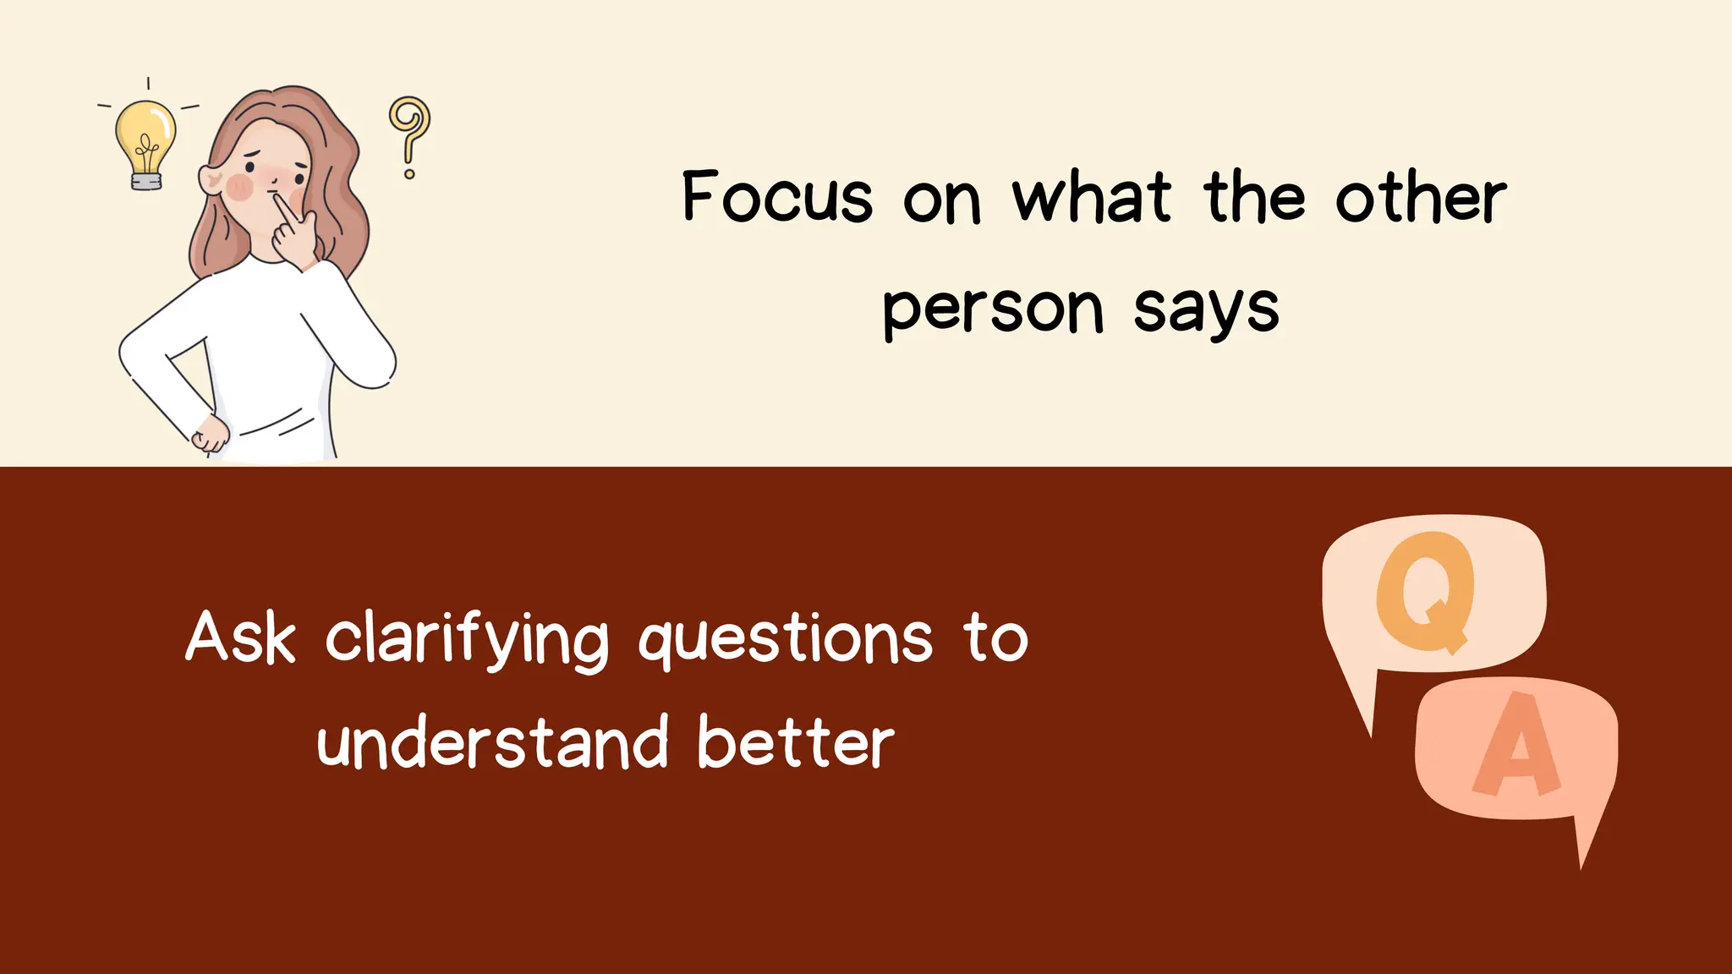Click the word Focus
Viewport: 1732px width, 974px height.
click(776, 197)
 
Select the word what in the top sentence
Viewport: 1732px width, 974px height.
click(1092, 197)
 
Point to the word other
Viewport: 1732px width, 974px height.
click(1421, 197)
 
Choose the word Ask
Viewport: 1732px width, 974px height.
click(241, 637)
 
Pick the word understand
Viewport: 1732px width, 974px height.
click(492, 742)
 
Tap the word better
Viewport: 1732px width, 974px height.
click(795, 742)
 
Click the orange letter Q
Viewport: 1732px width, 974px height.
click(1426, 592)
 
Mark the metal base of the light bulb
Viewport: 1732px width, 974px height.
click(145, 181)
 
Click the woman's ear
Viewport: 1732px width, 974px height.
click(209, 178)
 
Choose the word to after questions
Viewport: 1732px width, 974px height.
click(995, 637)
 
